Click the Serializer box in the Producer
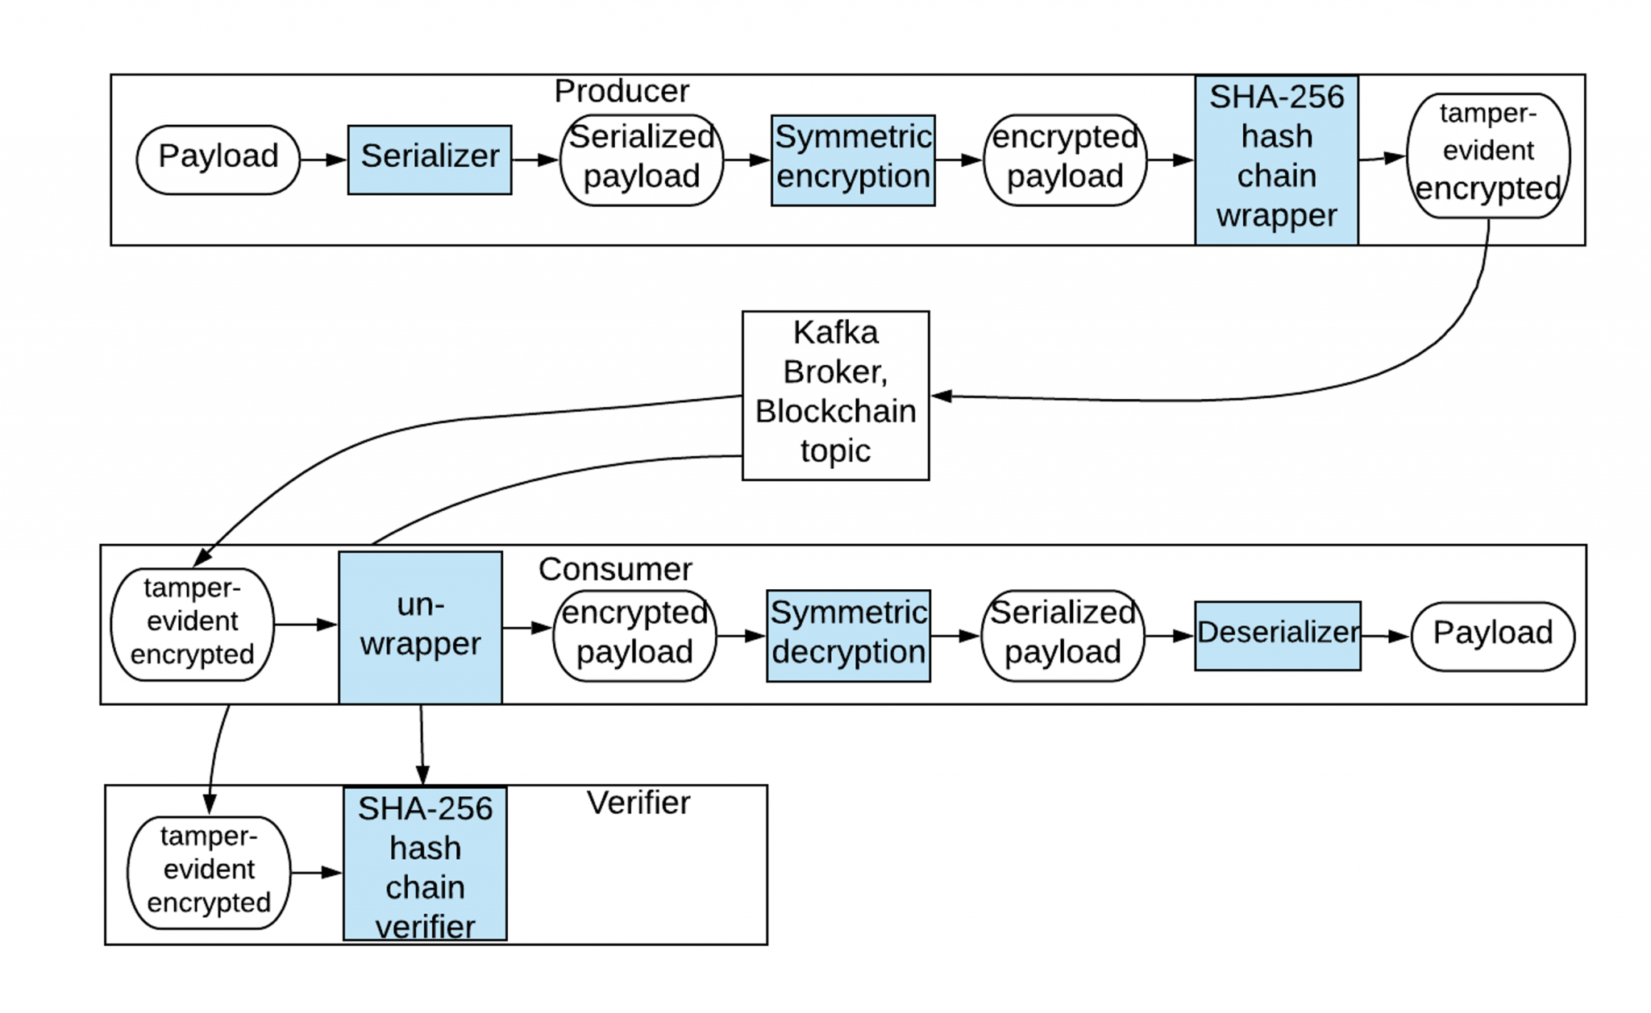tap(429, 160)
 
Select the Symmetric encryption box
tap(852, 160)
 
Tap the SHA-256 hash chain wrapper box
tap(1275, 160)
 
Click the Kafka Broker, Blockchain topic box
tap(835, 395)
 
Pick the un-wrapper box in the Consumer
tap(420, 627)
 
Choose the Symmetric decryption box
tap(847, 635)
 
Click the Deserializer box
tap(1277, 635)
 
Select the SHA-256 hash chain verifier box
tap(425, 863)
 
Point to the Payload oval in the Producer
tap(218, 160)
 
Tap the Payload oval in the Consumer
tap(1492, 636)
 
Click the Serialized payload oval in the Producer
tap(641, 160)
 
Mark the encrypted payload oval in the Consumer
tap(634, 635)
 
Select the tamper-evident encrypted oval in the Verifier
tap(208, 872)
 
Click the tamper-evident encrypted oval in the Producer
tap(1487, 156)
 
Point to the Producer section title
tap(622, 91)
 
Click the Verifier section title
tap(638, 803)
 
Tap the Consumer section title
tap(614, 569)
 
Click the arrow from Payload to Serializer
tap(323, 160)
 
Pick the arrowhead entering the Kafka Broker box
tap(942, 396)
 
